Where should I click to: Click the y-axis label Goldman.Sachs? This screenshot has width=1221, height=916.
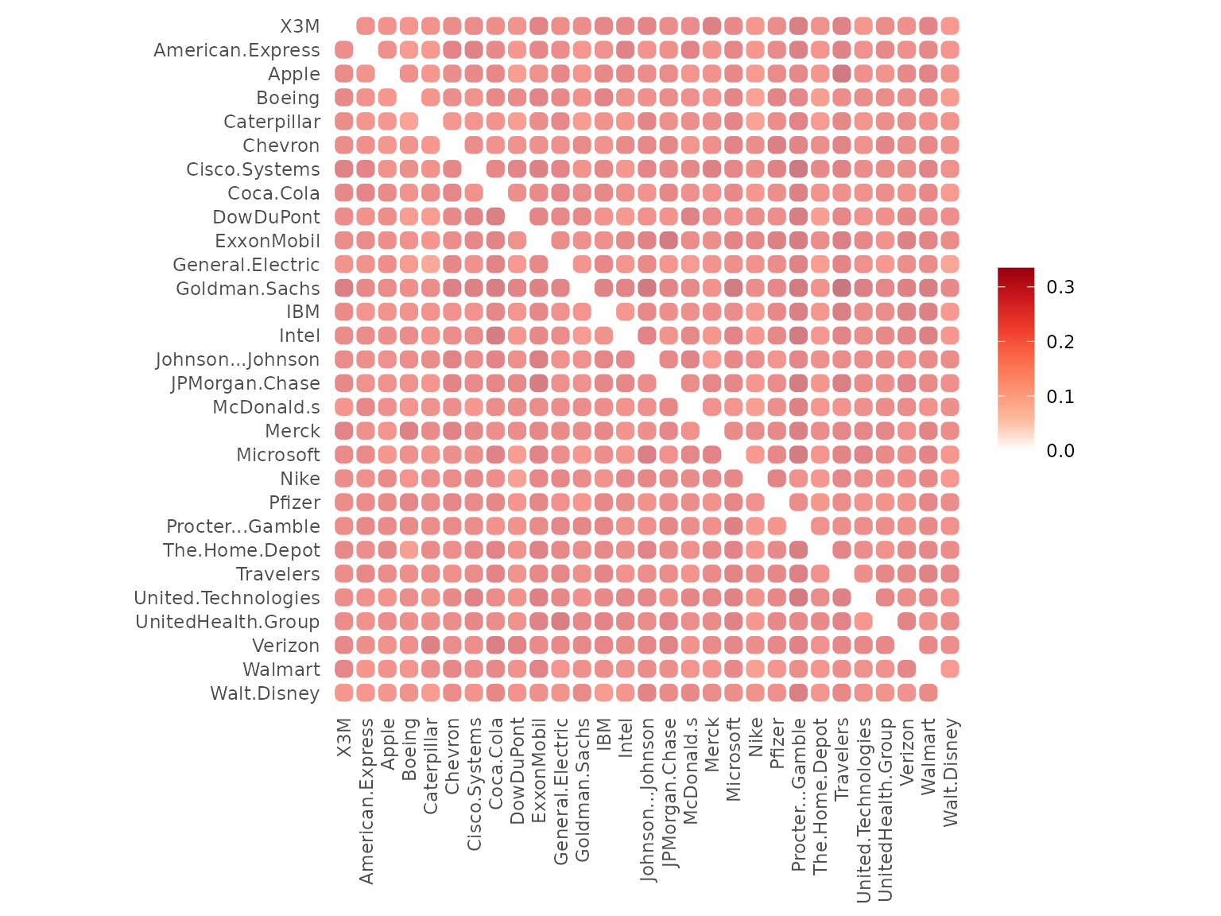tap(247, 289)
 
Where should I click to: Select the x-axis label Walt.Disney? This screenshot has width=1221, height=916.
tap(951, 772)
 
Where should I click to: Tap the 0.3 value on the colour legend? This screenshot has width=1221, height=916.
tap(1060, 287)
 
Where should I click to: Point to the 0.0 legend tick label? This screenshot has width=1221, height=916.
tap(1060, 451)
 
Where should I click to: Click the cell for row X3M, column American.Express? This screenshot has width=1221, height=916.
tap(366, 26)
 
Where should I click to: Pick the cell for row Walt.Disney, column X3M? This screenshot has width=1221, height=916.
tap(344, 693)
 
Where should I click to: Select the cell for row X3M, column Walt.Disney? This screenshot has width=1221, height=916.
tap(950, 26)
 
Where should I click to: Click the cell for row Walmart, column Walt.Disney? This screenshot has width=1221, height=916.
tap(950, 669)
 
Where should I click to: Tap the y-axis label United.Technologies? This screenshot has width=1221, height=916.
tap(227, 598)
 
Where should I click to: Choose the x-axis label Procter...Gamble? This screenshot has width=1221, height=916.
tap(799, 794)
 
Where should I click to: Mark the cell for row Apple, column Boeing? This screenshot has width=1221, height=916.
tap(409, 74)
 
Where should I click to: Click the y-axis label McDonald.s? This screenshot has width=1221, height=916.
tap(266, 407)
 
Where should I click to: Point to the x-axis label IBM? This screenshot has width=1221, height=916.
tap(603, 736)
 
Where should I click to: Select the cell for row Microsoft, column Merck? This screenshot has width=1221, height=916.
tap(711, 455)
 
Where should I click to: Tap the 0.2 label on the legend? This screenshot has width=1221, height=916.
tap(1060, 342)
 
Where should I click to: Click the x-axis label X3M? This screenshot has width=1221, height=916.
tap(343, 739)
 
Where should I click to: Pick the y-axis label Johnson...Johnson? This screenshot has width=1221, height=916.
tap(238, 360)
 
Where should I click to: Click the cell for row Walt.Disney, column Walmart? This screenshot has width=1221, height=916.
tap(928, 693)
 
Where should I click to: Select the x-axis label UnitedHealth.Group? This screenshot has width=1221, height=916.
tap(886, 809)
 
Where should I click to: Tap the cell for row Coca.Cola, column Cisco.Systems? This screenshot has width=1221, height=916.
tap(474, 193)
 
